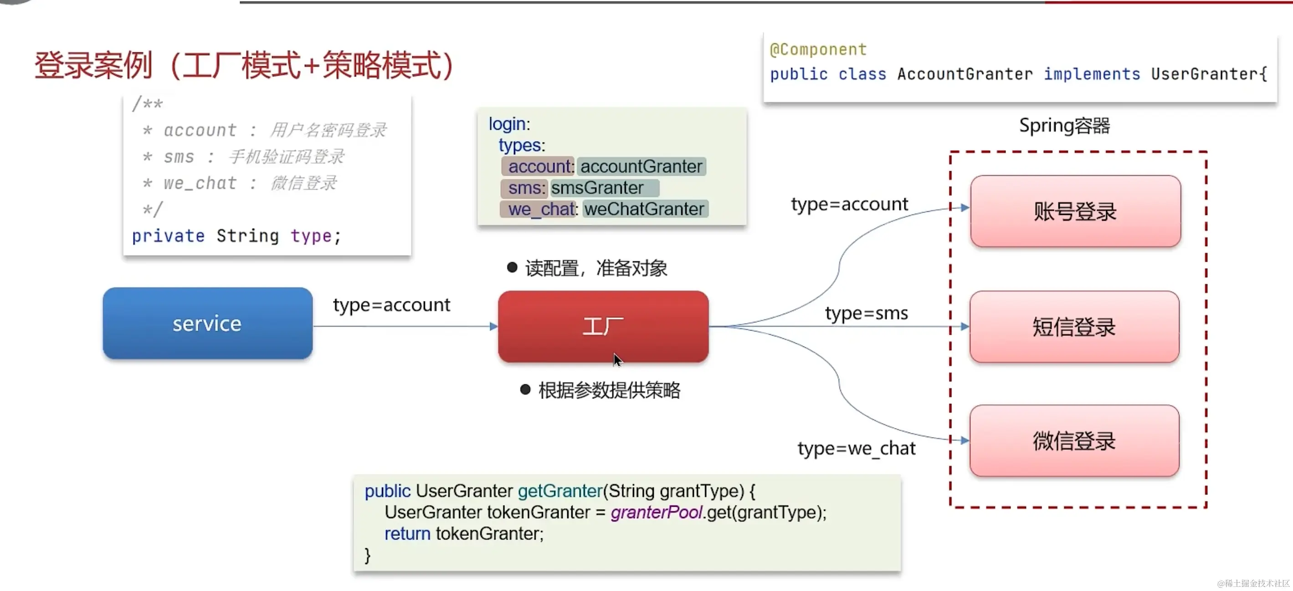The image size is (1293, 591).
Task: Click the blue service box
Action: [x=207, y=324]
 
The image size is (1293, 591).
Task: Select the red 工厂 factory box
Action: [x=603, y=326]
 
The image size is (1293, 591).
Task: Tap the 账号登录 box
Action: [x=1075, y=211]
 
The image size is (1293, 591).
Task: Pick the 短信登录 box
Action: [x=1074, y=326]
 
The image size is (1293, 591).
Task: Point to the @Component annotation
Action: [x=818, y=50]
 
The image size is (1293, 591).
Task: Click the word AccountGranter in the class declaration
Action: [x=965, y=74]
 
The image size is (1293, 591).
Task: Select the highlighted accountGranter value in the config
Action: [x=641, y=167]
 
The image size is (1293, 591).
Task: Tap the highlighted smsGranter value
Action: [x=597, y=188]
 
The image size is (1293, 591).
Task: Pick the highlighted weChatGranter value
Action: [x=645, y=209]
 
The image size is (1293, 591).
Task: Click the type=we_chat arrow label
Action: [x=857, y=448]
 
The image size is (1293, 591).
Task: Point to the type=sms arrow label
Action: [x=867, y=313]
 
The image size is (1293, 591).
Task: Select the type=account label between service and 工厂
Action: [x=391, y=305]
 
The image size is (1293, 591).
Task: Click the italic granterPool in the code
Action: [x=656, y=512]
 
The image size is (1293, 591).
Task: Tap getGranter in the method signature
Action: [x=559, y=491]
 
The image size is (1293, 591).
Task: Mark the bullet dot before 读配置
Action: [x=512, y=267]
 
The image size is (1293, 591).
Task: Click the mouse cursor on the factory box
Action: [x=617, y=359]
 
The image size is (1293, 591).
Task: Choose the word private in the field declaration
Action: [x=168, y=236]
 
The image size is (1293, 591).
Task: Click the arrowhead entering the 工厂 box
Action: [x=493, y=326]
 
